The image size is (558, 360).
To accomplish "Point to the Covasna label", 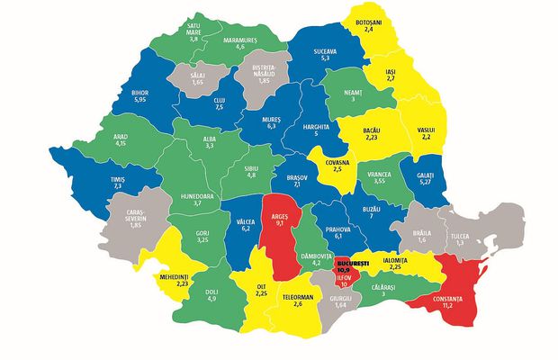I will [336, 160].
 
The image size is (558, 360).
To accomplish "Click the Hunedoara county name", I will [183, 193].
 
